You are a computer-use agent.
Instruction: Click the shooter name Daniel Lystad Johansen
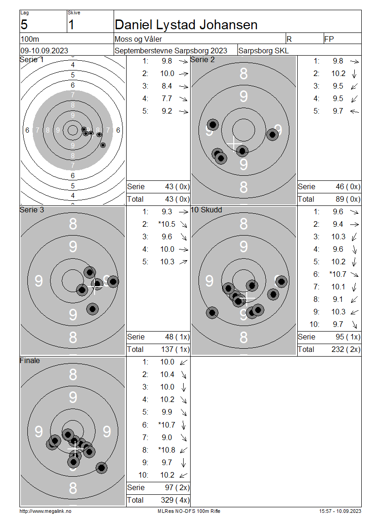click(186, 25)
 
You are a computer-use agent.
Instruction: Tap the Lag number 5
click(24, 25)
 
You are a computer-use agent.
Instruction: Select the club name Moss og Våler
click(138, 39)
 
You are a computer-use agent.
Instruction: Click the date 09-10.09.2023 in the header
click(44, 51)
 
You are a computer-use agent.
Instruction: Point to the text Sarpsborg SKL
click(263, 51)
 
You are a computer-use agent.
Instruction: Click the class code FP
click(329, 39)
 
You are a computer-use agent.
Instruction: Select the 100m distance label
click(30, 39)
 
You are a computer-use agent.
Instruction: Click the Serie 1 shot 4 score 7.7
click(167, 99)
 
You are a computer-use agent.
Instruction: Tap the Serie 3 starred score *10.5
click(167, 224)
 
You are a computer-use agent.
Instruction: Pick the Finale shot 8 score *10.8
click(167, 450)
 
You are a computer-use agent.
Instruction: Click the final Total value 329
click(167, 500)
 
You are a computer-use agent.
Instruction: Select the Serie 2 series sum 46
click(340, 186)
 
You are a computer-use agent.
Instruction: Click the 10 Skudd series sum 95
click(340, 337)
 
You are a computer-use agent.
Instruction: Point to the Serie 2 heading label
click(203, 59)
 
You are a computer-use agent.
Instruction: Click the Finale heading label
click(30, 360)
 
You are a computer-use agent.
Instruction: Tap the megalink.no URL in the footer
click(45, 511)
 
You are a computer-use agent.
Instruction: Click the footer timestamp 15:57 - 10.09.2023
click(340, 511)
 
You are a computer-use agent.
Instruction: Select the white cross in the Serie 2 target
click(234, 144)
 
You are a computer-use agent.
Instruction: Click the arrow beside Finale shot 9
click(184, 462)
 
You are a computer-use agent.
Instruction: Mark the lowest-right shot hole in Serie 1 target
click(103, 145)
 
